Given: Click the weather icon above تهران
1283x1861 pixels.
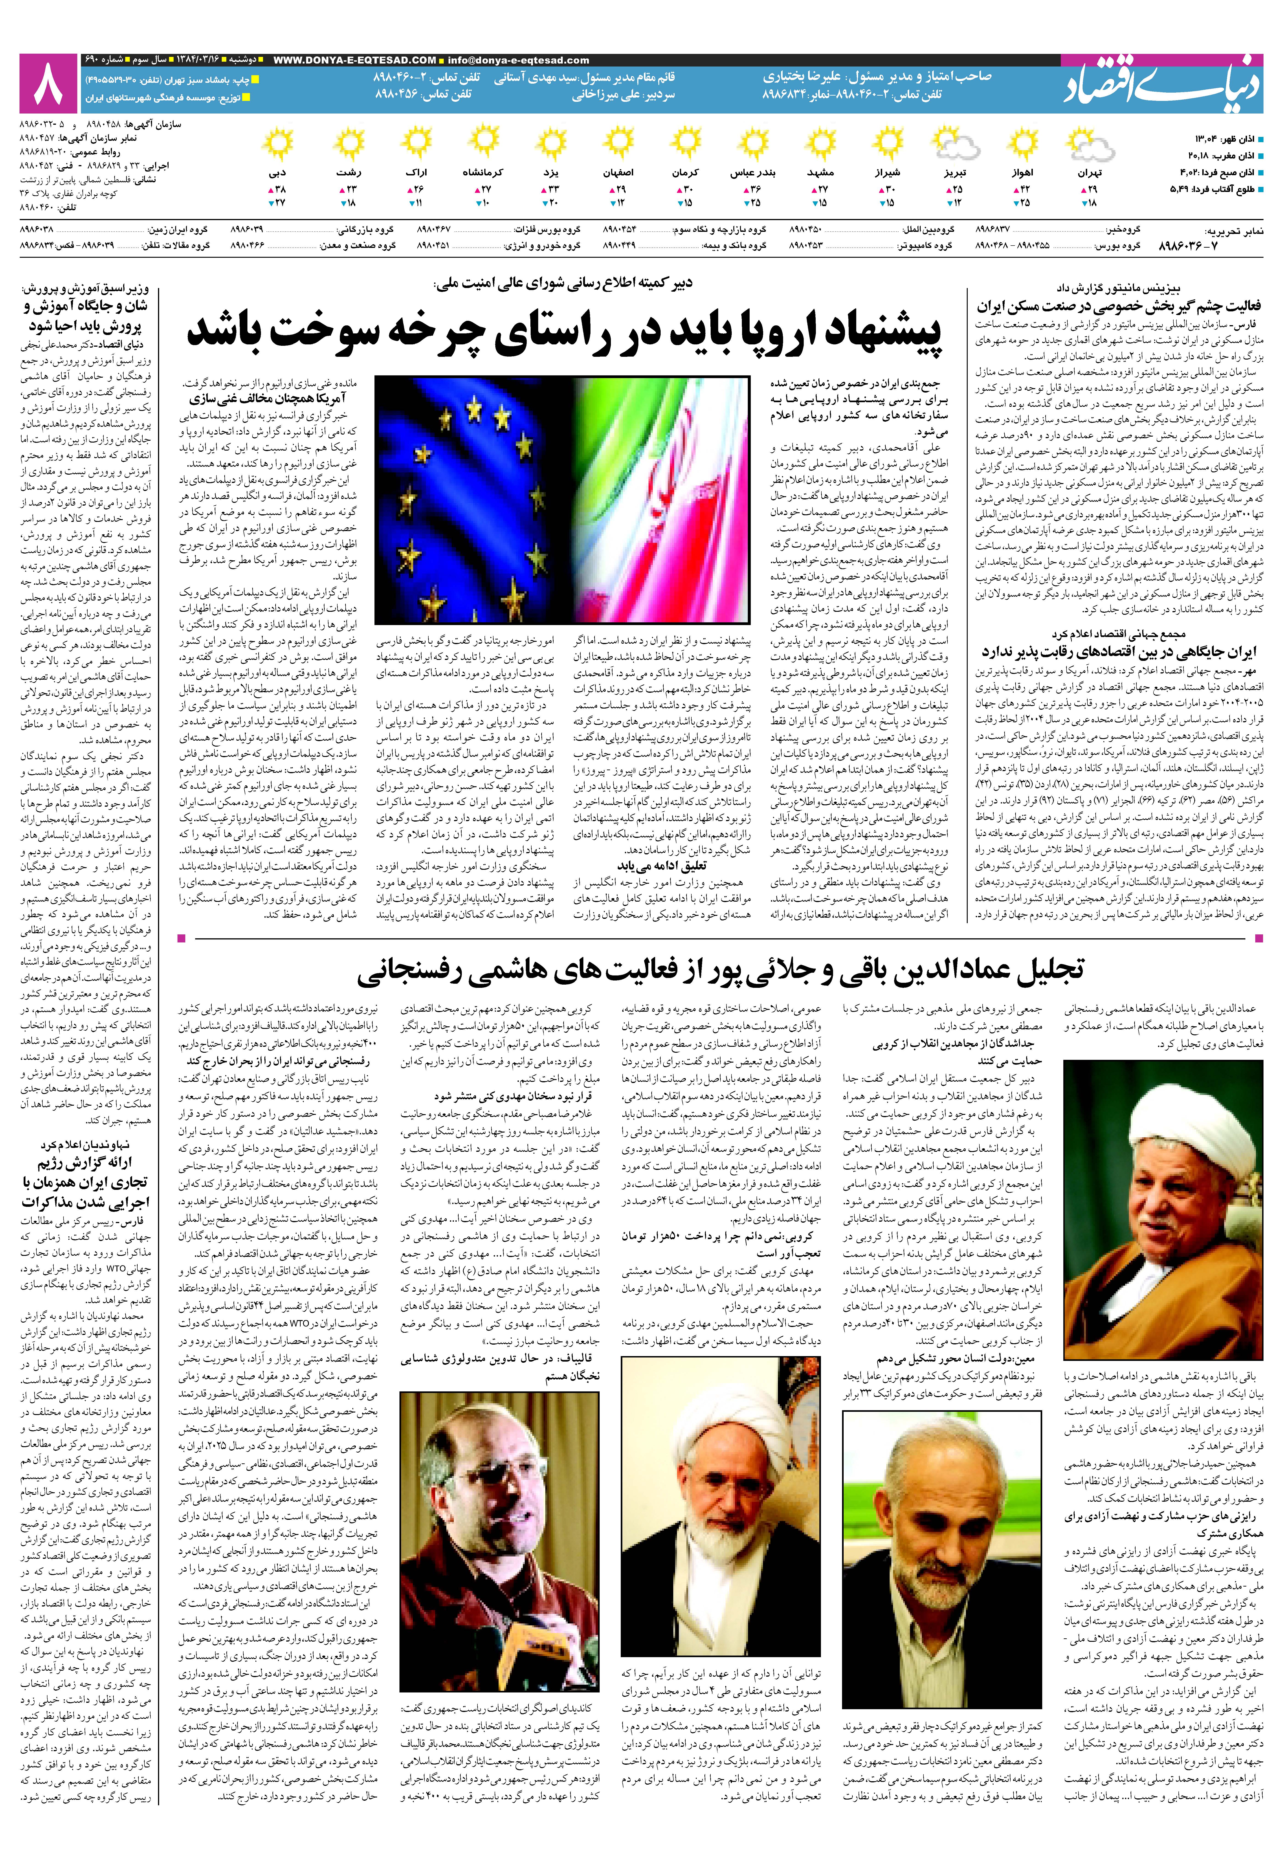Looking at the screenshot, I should (1089, 145).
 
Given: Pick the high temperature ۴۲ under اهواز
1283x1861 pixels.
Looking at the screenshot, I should (1025, 189).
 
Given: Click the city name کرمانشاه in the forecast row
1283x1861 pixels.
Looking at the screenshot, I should (482, 172).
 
